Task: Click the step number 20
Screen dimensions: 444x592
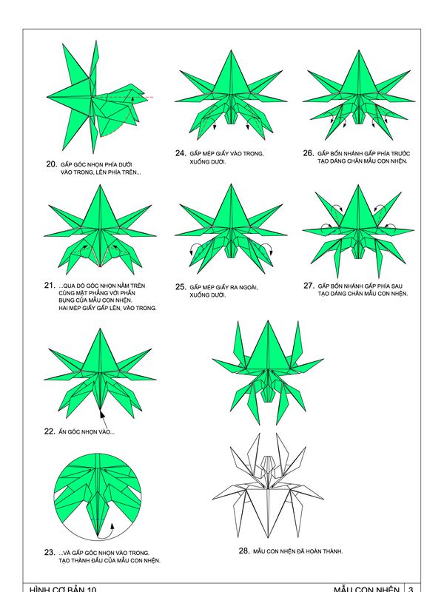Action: pos(52,164)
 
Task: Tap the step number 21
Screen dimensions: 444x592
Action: pos(50,286)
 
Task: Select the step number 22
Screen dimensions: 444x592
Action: pos(50,431)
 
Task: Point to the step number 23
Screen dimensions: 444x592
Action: pos(50,552)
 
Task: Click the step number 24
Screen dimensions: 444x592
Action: pos(181,153)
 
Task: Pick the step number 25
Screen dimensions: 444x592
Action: pos(181,287)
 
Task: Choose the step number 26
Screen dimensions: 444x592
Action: pos(309,153)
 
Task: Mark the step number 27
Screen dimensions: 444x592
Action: pos(309,286)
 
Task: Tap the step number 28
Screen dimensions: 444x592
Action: pos(244,551)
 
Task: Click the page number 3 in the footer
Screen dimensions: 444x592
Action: pos(411,589)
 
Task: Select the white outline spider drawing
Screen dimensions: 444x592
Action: pos(268,485)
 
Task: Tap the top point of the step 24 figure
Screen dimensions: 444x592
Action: pos(231,50)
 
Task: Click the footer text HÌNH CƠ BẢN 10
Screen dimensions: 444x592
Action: pos(63,589)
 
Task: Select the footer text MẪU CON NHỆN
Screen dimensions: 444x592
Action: pos(366,589)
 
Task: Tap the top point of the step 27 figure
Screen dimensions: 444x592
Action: pos(358,185)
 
